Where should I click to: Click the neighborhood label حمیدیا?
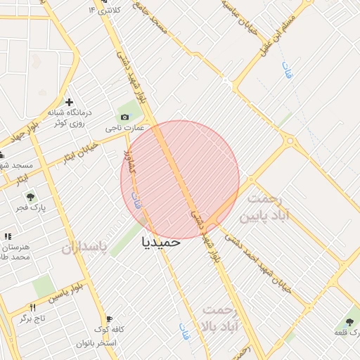tap(161, 241)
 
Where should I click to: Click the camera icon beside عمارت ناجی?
tap(125, 117)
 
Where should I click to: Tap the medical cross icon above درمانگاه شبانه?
tap(69, 102)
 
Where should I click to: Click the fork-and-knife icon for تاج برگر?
tap(32, 307)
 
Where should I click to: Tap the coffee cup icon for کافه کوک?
tap(108, 318)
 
